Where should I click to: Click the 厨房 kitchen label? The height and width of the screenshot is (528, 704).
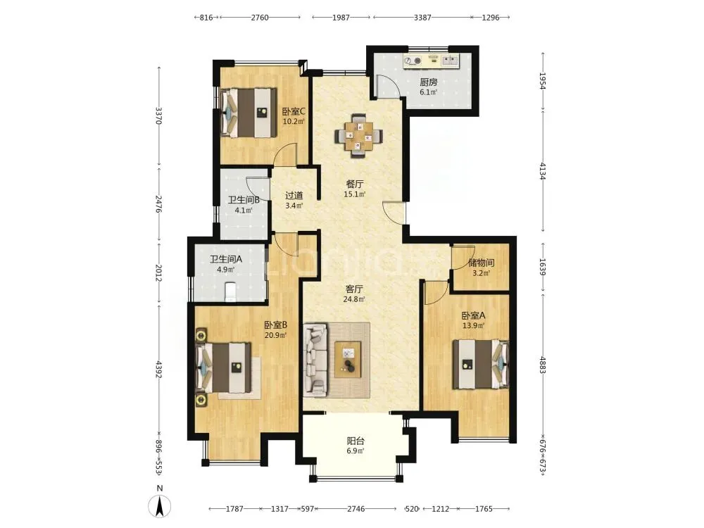(x=428, y=82)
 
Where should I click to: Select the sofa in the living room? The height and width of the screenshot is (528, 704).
(x=315, y=360)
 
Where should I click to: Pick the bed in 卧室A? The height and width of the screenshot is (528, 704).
(x=480, y=364)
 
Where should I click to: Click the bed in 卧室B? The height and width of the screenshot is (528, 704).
(x=224, y=367)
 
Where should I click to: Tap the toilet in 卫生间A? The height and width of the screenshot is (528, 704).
(x=230, y=291)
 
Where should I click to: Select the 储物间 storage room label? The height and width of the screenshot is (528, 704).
(x=481, y=263)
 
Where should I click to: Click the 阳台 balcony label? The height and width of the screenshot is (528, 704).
(x=355, y=441)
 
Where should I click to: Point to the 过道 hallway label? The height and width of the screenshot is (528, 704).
(x=294, y=195)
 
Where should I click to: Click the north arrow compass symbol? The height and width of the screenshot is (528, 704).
(x=159, y=506)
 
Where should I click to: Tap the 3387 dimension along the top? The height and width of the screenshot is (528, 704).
(x=422, y=18)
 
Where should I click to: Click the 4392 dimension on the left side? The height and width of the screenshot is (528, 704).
(x=158, y=369)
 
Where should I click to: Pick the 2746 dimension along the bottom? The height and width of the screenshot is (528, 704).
(x=356, y=509)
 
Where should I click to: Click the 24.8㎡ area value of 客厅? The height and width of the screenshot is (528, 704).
(x=354, y=299)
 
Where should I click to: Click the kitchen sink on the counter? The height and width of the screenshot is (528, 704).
(x=451, y=60)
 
